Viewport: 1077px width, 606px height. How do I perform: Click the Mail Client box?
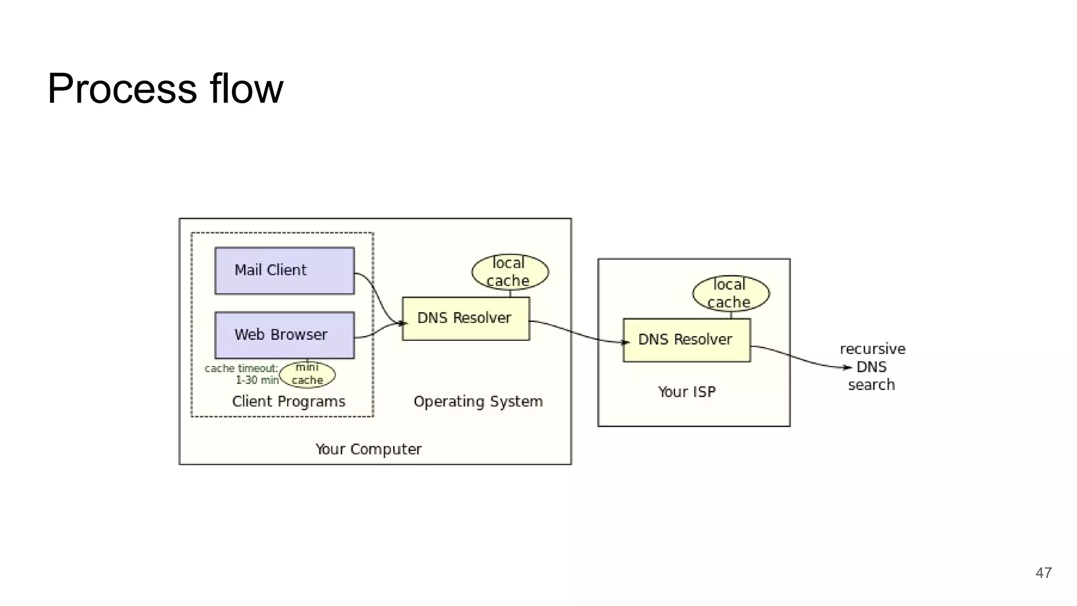285,270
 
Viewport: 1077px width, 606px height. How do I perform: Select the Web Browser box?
285,335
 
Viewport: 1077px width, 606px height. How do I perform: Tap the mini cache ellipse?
307,375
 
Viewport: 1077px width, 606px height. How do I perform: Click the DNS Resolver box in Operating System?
465,318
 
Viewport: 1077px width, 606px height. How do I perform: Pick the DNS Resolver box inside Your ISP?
686,340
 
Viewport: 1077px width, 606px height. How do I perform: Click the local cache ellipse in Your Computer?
510,272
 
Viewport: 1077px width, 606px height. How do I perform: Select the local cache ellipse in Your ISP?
730,294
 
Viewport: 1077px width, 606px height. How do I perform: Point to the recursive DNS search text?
872,367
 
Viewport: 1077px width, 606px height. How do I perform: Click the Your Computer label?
368,449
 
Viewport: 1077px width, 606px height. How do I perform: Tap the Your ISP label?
686,392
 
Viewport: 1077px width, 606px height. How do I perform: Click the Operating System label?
477,401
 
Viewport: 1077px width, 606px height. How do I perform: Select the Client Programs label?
288,401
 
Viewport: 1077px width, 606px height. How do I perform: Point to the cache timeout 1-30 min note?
242,374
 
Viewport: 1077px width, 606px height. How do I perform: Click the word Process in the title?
122,88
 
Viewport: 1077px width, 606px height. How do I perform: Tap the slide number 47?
1043,573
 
